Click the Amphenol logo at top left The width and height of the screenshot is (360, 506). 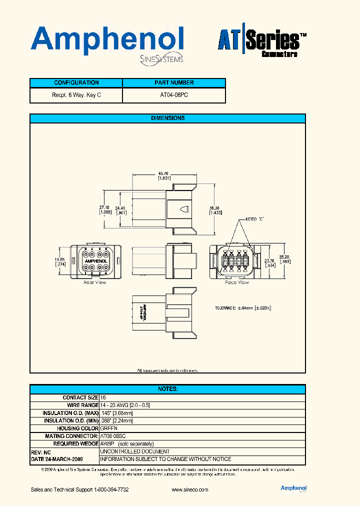pos(107,41)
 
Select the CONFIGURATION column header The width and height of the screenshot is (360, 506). pos(76,83)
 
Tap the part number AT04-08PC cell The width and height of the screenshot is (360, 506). pos(174,95)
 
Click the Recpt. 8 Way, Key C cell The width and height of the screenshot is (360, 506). pos(76,95)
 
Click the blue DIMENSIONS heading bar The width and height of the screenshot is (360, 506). pos(167,118)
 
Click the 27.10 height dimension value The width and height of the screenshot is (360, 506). pos(104,207)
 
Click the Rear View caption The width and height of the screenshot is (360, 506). pos(95,282)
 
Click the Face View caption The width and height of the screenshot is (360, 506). pos(236,282)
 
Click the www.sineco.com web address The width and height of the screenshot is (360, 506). pos(189,489)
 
